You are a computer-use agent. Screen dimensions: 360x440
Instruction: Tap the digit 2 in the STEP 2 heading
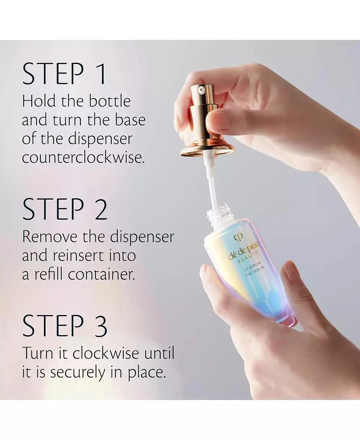pyautogui.click(x=100, y=209)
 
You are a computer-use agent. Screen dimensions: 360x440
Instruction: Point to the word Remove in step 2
pyautogui.click(x=49, y=237)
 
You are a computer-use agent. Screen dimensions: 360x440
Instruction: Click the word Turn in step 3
pyautogui.click(x=38, y=353)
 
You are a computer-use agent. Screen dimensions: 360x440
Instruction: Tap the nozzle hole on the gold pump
pyautogui.click(x=201, y=90)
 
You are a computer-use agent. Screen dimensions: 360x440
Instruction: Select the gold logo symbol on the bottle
pyautogui.click(x=237, y=237)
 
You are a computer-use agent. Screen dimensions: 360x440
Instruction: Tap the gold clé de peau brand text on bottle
pyautogui.click(x=244, y=251)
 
